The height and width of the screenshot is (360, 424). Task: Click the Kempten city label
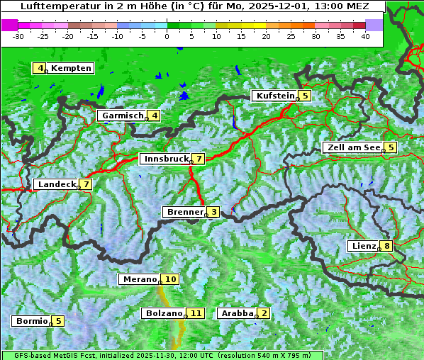[x=71, y=68]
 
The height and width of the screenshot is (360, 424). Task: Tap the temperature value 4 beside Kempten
[x=40, y=68]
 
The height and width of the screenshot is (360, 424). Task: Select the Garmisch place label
[x=123, y=116]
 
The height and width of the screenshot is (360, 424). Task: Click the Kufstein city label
[x=276, y=96]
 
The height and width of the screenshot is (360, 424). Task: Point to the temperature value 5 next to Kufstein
[x=305, y=96]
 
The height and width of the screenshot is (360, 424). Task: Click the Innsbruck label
[x=165, y=159]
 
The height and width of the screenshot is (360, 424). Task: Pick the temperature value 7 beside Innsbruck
[x=199, y=159]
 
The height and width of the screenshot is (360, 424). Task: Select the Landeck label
[x=56, y=184]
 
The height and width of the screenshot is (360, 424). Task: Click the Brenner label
[x=184, y=212]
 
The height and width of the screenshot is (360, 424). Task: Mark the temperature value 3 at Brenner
[x=213, y=212]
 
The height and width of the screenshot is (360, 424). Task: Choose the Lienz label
[x=363, y=246]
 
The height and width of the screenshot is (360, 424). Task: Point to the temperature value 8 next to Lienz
[x=385, y=246]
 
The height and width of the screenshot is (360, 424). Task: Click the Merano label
[x=138, y=279]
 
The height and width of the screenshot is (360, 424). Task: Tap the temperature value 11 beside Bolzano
[x=196, y=313]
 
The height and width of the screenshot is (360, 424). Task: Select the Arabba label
[x=237, y=313]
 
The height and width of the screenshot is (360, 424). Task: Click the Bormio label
[x=32, y=320]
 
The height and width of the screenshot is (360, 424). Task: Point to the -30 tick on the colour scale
[x=18, y=36]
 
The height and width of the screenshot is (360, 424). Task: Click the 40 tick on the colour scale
[x=365, y=36]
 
